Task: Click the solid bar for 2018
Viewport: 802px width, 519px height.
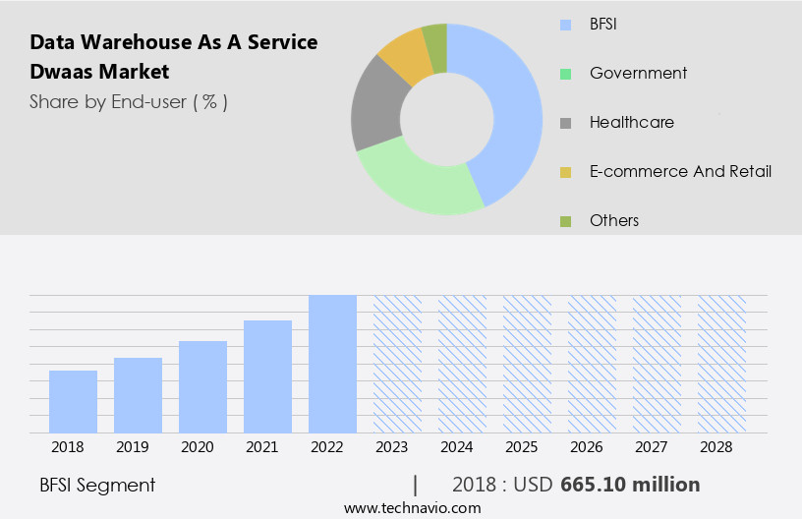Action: point(73,401)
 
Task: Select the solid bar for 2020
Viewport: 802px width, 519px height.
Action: point(202,386)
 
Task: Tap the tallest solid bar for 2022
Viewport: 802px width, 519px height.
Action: point(332,364)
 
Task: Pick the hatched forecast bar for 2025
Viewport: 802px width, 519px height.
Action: point(527,364)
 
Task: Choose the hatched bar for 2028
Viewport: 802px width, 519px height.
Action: point(721,364)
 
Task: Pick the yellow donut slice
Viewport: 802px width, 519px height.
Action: point(405,57)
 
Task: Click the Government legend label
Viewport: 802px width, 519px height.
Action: point(638,73)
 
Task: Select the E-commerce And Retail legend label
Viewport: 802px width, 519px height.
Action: point(680,171)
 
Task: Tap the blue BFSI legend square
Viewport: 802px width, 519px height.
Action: point(565,25)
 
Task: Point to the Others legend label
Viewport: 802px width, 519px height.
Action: point(614,220)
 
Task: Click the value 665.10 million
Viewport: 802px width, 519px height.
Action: point(630,485)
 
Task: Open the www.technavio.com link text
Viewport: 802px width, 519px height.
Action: point(413,507)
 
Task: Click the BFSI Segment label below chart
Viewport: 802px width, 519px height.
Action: point(97,485)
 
